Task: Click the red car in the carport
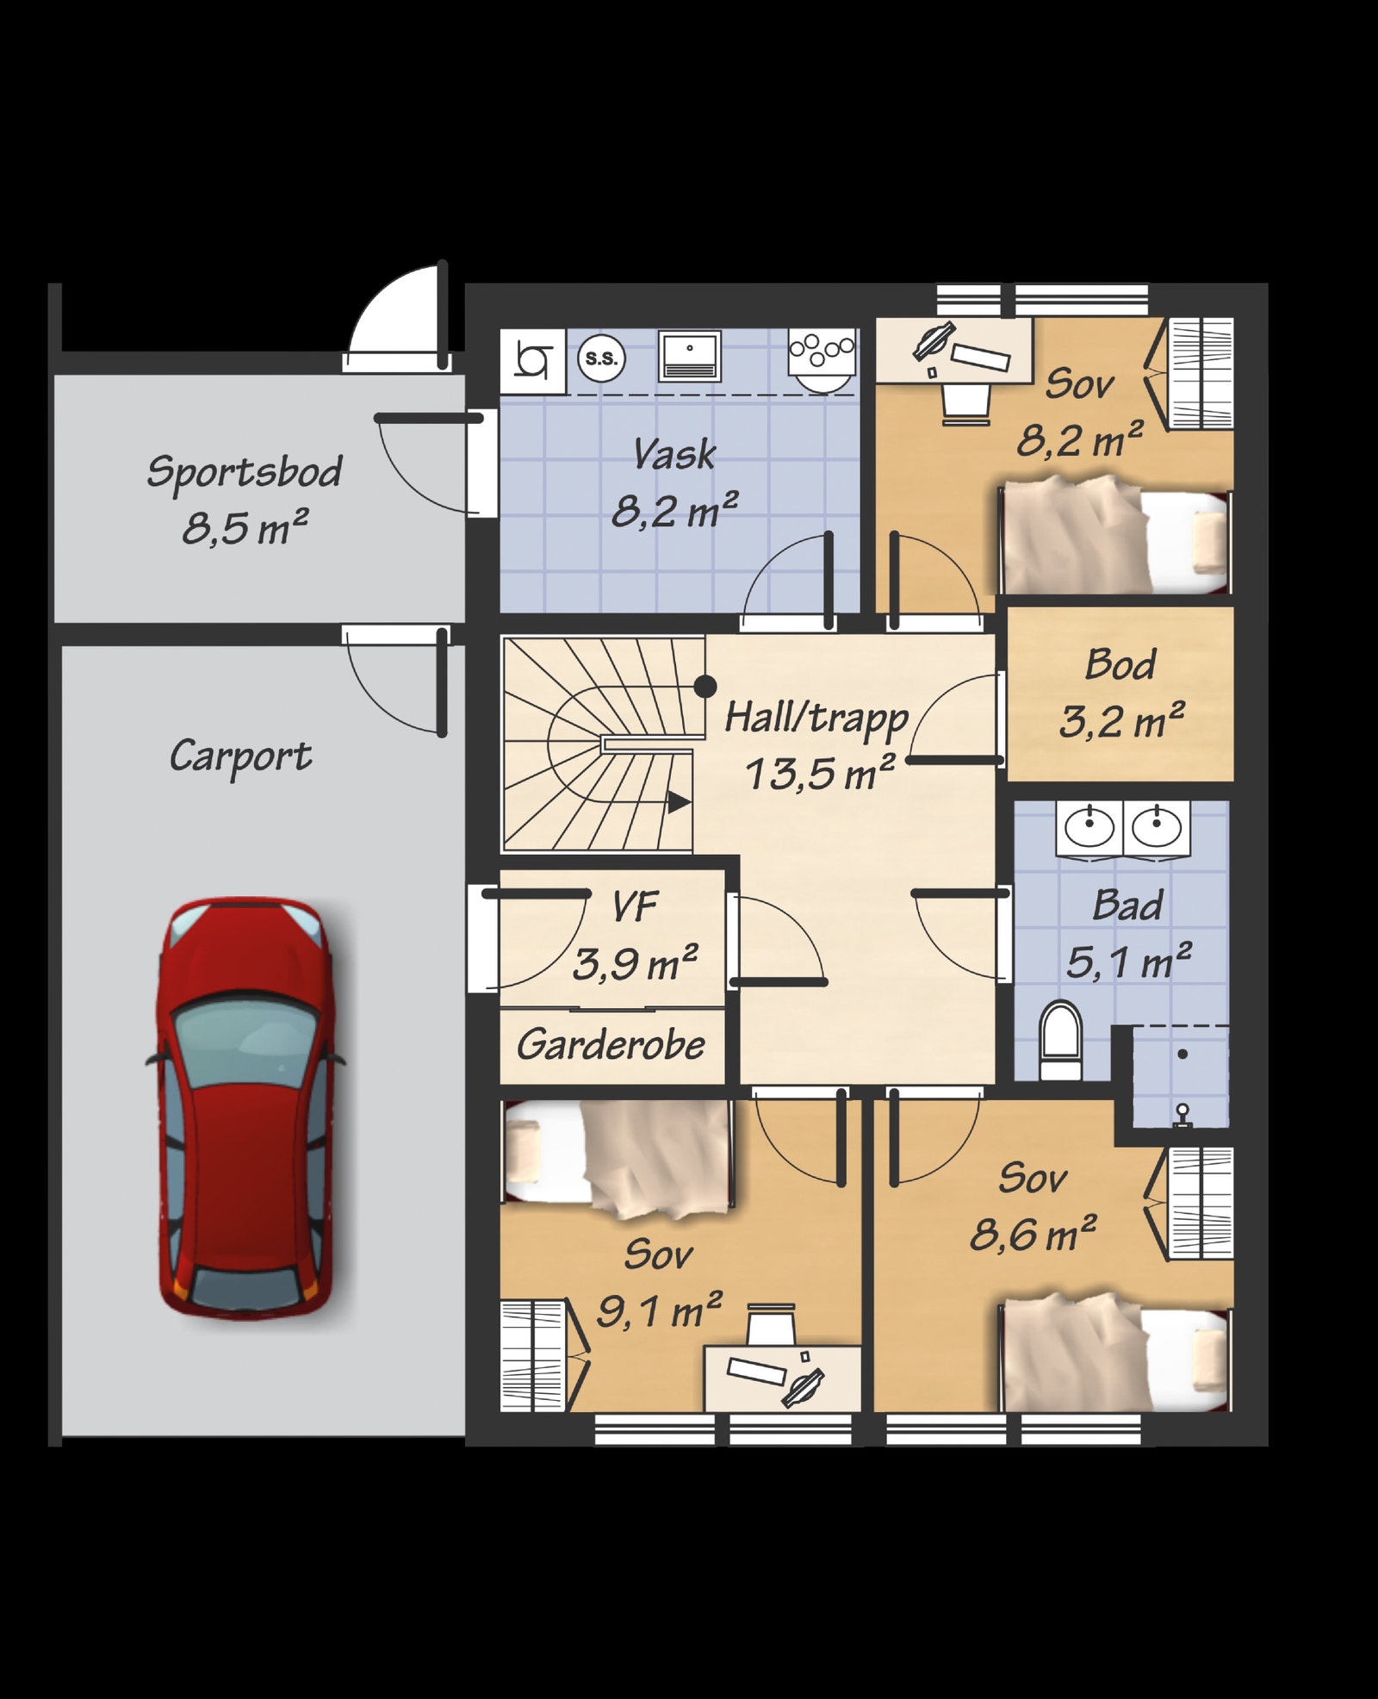246,1107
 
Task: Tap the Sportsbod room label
245,472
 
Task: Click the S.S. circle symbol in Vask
601,358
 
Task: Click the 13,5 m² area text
820,773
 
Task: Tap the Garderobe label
611,1045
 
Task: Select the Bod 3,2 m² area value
1121,721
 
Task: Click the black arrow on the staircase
679,802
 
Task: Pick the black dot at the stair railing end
705,687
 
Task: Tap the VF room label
635,906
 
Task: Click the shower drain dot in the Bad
1182,1054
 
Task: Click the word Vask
674,454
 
